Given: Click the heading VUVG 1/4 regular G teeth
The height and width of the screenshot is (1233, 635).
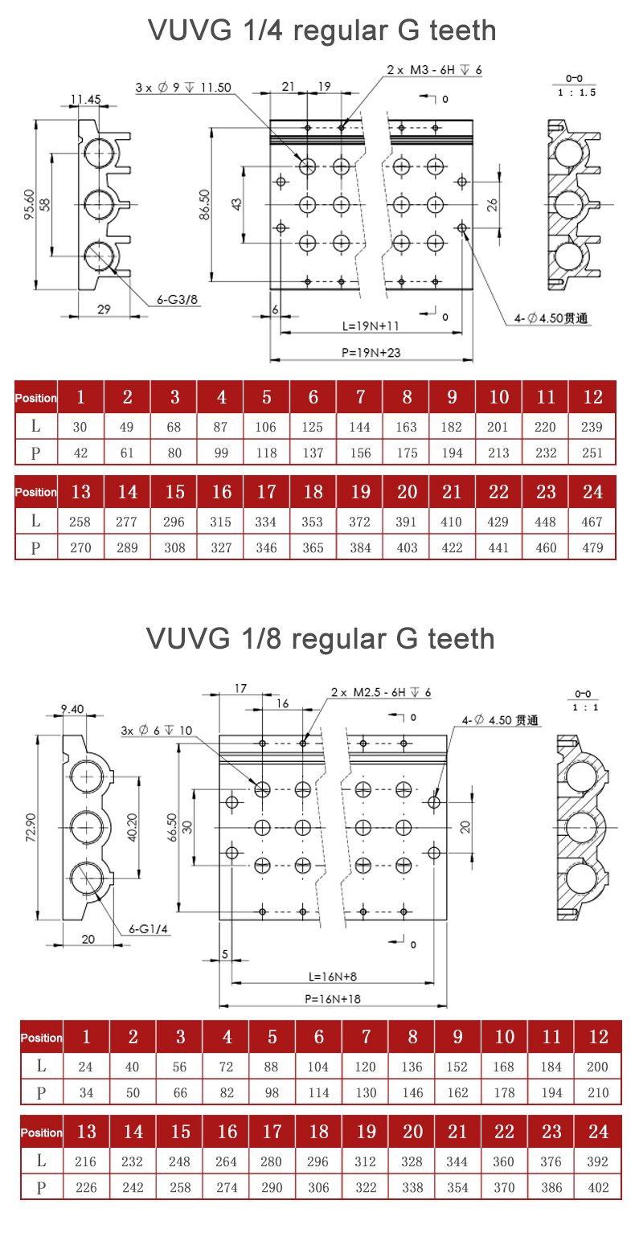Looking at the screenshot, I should [322, 31].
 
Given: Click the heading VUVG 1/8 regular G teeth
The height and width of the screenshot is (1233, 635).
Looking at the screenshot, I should [320, 639].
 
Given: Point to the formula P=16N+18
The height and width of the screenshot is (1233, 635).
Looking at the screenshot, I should [331, 998].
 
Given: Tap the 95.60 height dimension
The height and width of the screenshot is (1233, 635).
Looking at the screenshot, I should [29, 205].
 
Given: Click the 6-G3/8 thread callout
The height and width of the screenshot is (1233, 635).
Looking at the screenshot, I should [176, 300].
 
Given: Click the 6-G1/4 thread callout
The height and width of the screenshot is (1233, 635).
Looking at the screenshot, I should [149, 929].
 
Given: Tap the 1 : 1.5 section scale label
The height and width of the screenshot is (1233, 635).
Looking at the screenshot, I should [576, 92].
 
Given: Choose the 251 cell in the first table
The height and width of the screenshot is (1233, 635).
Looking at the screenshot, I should [592, 453].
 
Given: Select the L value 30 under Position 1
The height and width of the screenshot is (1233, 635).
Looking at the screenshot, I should [80, 428].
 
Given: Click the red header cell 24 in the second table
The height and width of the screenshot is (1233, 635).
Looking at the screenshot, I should [597, 1132].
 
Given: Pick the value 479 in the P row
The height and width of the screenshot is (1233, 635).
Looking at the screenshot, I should [592, 548].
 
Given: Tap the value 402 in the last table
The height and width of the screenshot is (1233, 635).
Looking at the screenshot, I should [597, 1187].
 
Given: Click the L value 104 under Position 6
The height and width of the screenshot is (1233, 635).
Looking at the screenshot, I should [318, 1067].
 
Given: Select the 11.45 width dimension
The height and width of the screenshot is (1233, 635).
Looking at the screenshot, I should [85, 100].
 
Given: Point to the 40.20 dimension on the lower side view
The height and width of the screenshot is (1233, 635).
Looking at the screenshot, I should [133, 828].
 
